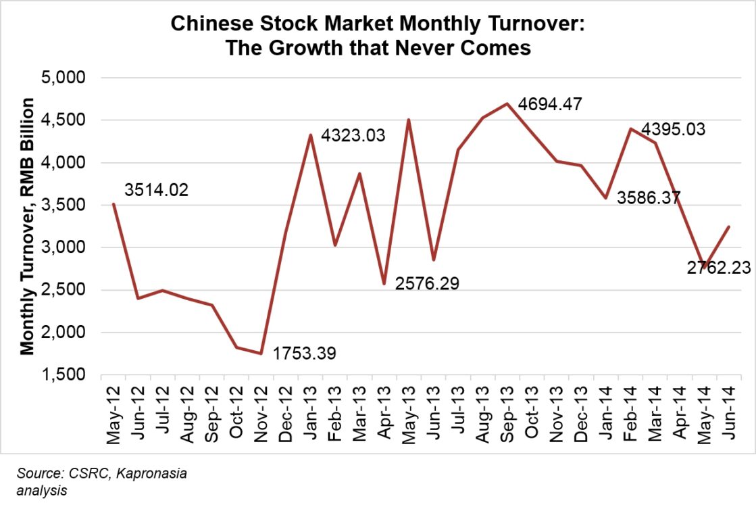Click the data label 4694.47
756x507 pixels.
pyautogui.click(x=549, y=105)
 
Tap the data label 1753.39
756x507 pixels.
pyautogui.click(x=304, y=353)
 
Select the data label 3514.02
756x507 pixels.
pyautogui.click(x=156, y=190)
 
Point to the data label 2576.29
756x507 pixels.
pyautogui.click(x=426, y=283)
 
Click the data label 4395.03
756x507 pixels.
pyautogui.click(x=673, y=128)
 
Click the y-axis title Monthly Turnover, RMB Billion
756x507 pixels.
pyautogui.click(x=28, y=226)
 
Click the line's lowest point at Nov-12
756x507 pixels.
pyautogui.click(x=261, y=353)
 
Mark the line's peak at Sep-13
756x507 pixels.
pyautogui.click(x=505, y=103)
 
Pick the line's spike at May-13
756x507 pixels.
pyautogui.click(x=408, y=120)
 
